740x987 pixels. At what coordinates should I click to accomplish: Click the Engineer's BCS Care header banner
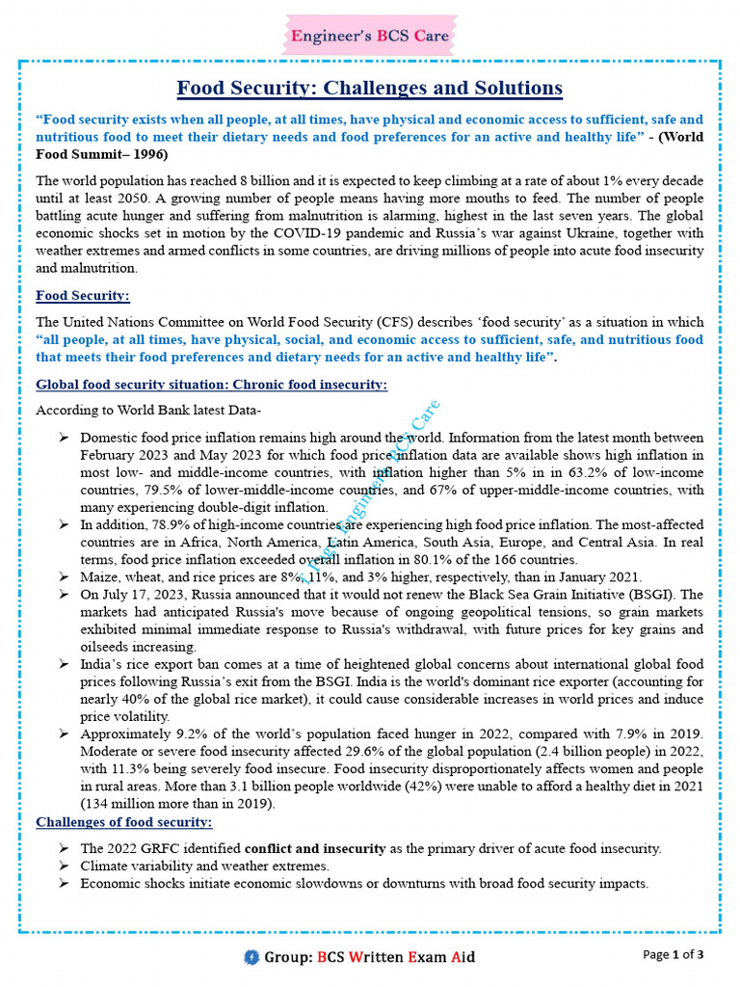[x=370, y=37]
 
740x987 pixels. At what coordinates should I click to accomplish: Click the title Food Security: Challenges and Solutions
[x=369, y=89]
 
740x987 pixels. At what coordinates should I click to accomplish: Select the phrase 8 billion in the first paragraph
[x=267, y=182]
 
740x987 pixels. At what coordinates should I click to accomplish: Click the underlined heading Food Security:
[x=83, y=296]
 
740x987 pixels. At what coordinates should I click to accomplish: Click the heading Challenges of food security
[x=124, y=822]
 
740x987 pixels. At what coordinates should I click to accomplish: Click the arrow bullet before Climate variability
[x=63, y=867]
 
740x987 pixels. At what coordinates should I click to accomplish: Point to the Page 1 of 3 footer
[x=674, y=955]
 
